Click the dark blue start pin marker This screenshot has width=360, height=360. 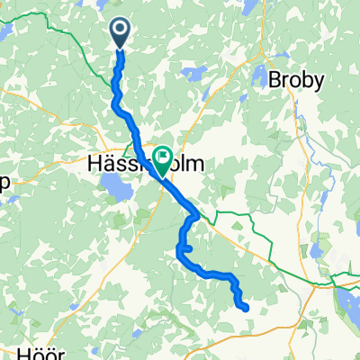click(120, 33)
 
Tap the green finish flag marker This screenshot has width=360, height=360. click(163, 159)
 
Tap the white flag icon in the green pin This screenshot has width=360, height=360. click(163, 157)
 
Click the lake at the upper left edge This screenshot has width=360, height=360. click(4, 32)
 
